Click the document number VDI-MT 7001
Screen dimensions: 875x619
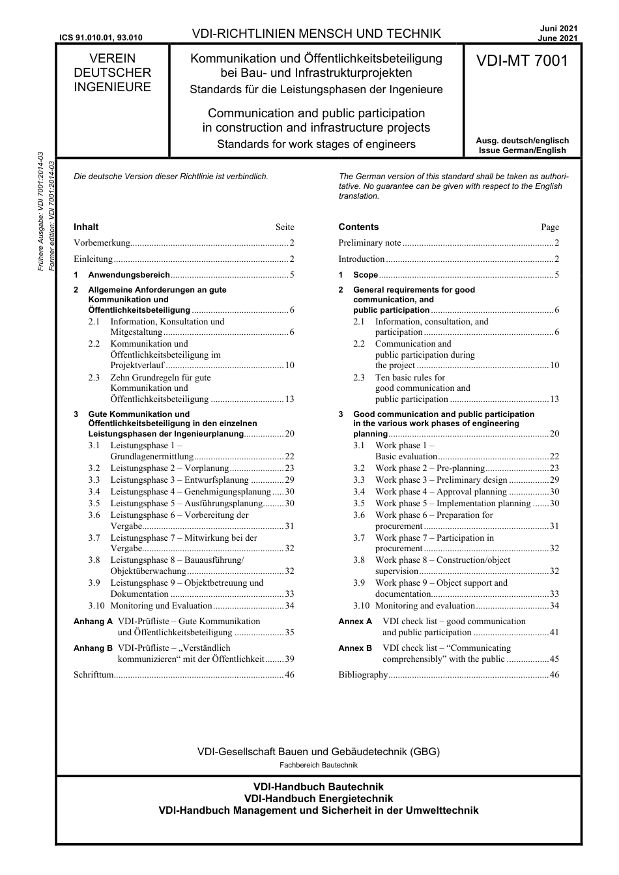(x=522, y=61)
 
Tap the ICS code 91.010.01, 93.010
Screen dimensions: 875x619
(x=100, y=38)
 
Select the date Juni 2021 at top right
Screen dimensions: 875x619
(x=558, y=29)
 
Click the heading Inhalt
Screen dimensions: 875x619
(x=86, y=227)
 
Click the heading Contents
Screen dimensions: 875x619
(x=358, y=227)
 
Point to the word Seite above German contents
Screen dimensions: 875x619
(x=285, y=227)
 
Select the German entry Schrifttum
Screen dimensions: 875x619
(x=94, y=675)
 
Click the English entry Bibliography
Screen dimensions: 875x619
(x=363, y=675)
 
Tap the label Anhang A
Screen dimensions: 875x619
(x=93, y=622)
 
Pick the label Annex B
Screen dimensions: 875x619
(x=355, y=648)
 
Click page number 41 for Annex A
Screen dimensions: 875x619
(x=554, y=633)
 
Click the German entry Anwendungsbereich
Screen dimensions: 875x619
(x=129, y=275)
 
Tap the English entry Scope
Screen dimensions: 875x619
(x=366, y=275)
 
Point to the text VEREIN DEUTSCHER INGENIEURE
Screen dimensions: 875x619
(x=112, y=73)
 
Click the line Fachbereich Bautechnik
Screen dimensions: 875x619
(x=319, y=765)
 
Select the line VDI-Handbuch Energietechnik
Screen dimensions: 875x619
(x=319, y=799)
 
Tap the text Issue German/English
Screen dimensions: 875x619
(x=522, y=151)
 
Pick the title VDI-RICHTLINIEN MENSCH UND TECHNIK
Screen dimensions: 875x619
(x=317, y=34)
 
